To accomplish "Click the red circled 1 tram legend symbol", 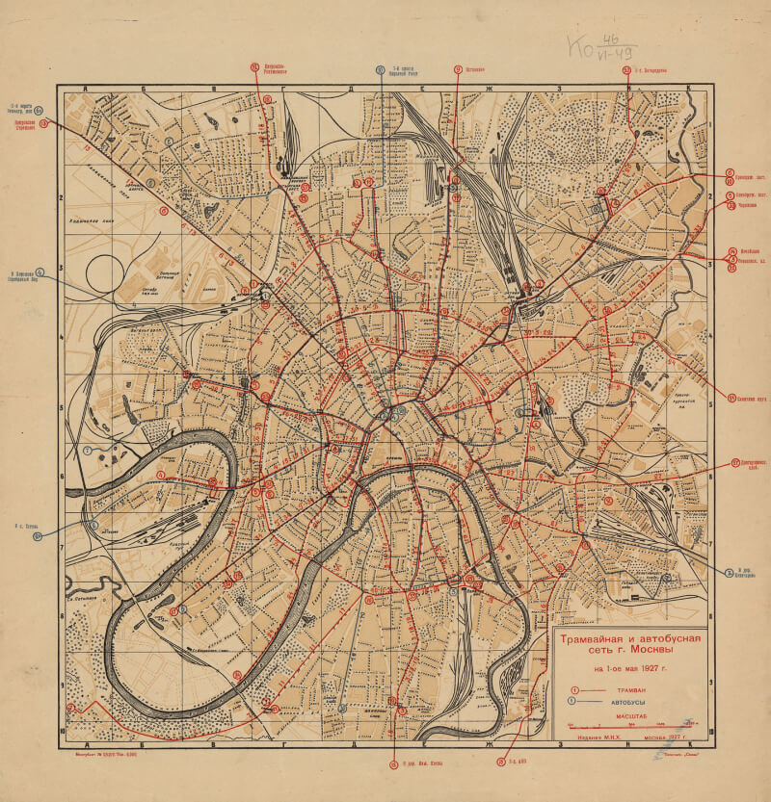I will coord(575,690).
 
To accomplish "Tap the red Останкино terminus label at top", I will coord(473,69).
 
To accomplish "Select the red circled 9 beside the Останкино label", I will coord(458,69).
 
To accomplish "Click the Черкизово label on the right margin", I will coord(748,205).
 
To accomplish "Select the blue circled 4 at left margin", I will coord(40,272).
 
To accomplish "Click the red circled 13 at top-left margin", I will coord(43,122).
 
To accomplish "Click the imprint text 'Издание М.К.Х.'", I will coord(585,738).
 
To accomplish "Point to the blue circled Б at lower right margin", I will coord(730,572).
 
